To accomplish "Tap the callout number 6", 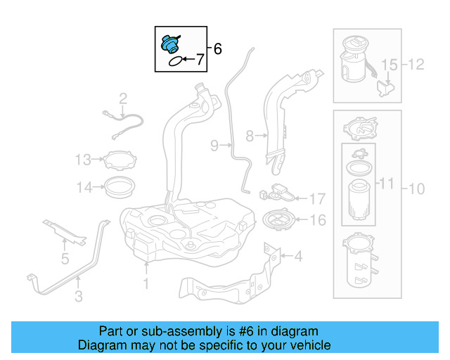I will coord(217,49).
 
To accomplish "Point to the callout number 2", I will coord(122,98).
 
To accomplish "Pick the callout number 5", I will coord(65,259).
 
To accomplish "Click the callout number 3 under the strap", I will coord(78,297).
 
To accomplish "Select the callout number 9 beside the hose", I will coord(214,146).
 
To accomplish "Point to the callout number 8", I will coord(249,134).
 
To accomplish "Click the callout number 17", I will coord(317,199).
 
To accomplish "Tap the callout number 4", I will coord(297,257).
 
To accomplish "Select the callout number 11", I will coord(387,184).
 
